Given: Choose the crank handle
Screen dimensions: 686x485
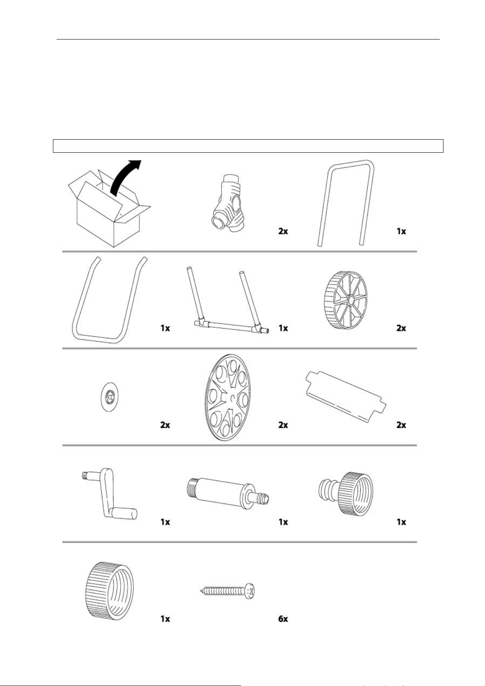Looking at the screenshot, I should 108,493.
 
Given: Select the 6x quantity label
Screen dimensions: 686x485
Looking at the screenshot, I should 283,619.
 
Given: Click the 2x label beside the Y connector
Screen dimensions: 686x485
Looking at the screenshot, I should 283,231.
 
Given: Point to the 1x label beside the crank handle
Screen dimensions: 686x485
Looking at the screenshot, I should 165,522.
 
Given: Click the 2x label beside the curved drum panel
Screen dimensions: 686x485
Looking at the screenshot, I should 401,425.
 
